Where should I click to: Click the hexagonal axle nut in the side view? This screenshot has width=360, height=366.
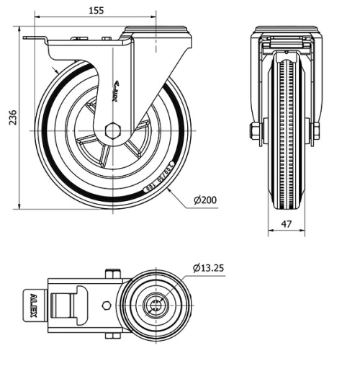112,131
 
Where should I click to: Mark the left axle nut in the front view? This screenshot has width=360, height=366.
256,132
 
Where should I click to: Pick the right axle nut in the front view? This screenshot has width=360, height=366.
315,132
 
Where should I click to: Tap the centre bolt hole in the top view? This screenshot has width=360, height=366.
155,304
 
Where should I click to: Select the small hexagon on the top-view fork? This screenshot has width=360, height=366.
107,305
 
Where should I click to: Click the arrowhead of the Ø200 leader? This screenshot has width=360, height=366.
169,191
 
